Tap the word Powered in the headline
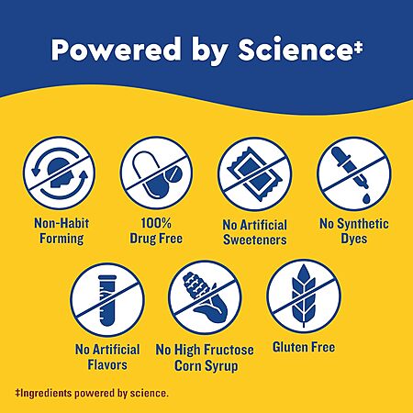[x=116, y=50]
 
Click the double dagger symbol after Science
[x=359, y=48]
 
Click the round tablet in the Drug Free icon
[x=173, y=175]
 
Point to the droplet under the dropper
[x=366, y=198]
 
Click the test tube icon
[x=107, y=300]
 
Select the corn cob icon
[x=205, y=297]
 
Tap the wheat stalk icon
[x=303, y=296]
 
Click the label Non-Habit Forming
[x=61, y=230]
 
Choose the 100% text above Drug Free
[x=156, y=223]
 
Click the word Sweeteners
[x=255, y=240]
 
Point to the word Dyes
[x=354, y=239]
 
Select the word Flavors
[x=107, y=364]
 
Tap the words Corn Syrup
[x=206, y=366]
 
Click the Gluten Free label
[x=304, y=347]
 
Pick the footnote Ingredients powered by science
[x=92, y=393]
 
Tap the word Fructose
[x=229, y=350]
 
